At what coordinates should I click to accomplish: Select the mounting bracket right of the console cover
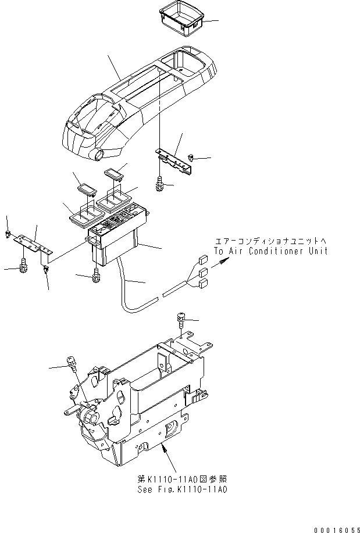click(174, 160)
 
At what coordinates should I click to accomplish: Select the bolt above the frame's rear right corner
click(180, 319)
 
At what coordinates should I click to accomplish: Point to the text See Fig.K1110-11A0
click(182, 490)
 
